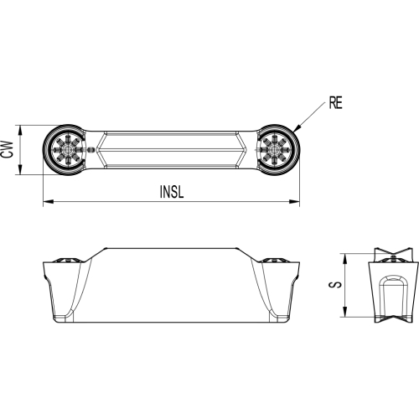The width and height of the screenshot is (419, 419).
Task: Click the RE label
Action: pos(335,103)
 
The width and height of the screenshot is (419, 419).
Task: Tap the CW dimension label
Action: pos(8,149)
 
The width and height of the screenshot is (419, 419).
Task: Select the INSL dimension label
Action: pos(172,192)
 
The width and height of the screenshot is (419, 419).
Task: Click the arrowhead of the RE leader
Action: pos(297,128)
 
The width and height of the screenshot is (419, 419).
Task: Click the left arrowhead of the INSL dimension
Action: pos(48,201)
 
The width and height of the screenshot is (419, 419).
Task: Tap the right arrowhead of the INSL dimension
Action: pos(294,201)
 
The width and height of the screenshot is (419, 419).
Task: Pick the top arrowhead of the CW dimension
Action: pos(20,130)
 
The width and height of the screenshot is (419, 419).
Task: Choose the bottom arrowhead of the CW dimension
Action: pos(20,170)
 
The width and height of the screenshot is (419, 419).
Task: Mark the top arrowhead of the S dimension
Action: pos(345,259)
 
